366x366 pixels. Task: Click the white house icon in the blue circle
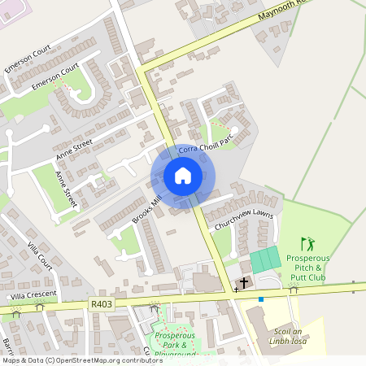183,176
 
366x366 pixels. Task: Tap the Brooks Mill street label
147,209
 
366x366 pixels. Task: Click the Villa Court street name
39,255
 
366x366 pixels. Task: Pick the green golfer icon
307,242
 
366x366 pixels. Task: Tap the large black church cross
243,282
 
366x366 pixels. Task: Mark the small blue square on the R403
260,299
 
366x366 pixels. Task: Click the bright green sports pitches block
265,260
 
